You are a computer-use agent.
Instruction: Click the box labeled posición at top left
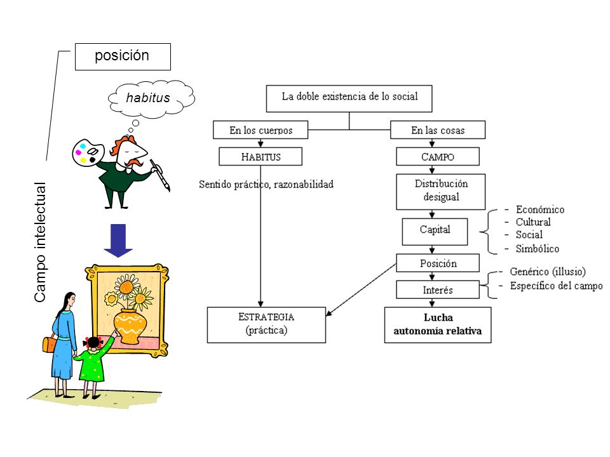coord(123,56)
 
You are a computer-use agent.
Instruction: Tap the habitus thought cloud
coord(151,98)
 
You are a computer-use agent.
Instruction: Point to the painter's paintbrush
coord(160,175)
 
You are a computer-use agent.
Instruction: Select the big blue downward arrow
coord(118,240)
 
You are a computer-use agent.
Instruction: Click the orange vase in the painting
coord(130,326)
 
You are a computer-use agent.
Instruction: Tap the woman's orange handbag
coord(50,343)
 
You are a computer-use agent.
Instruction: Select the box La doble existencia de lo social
coord(349,99)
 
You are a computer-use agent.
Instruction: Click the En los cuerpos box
coord(261,129)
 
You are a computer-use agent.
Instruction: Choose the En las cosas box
coord(438,129)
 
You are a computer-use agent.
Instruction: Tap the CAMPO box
coord(438,157)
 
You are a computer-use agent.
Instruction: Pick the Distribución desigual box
coord(441,192)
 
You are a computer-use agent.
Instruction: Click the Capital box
coord(435,232)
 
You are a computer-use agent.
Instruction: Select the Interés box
coord(438,289)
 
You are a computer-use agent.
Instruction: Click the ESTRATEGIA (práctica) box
coord(266,325)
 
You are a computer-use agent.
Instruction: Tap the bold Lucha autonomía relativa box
coord(438,325)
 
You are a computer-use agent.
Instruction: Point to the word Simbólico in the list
coord(538,249)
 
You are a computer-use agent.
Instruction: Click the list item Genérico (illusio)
coord(548,271)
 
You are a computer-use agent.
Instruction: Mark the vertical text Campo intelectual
coord(40,242)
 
